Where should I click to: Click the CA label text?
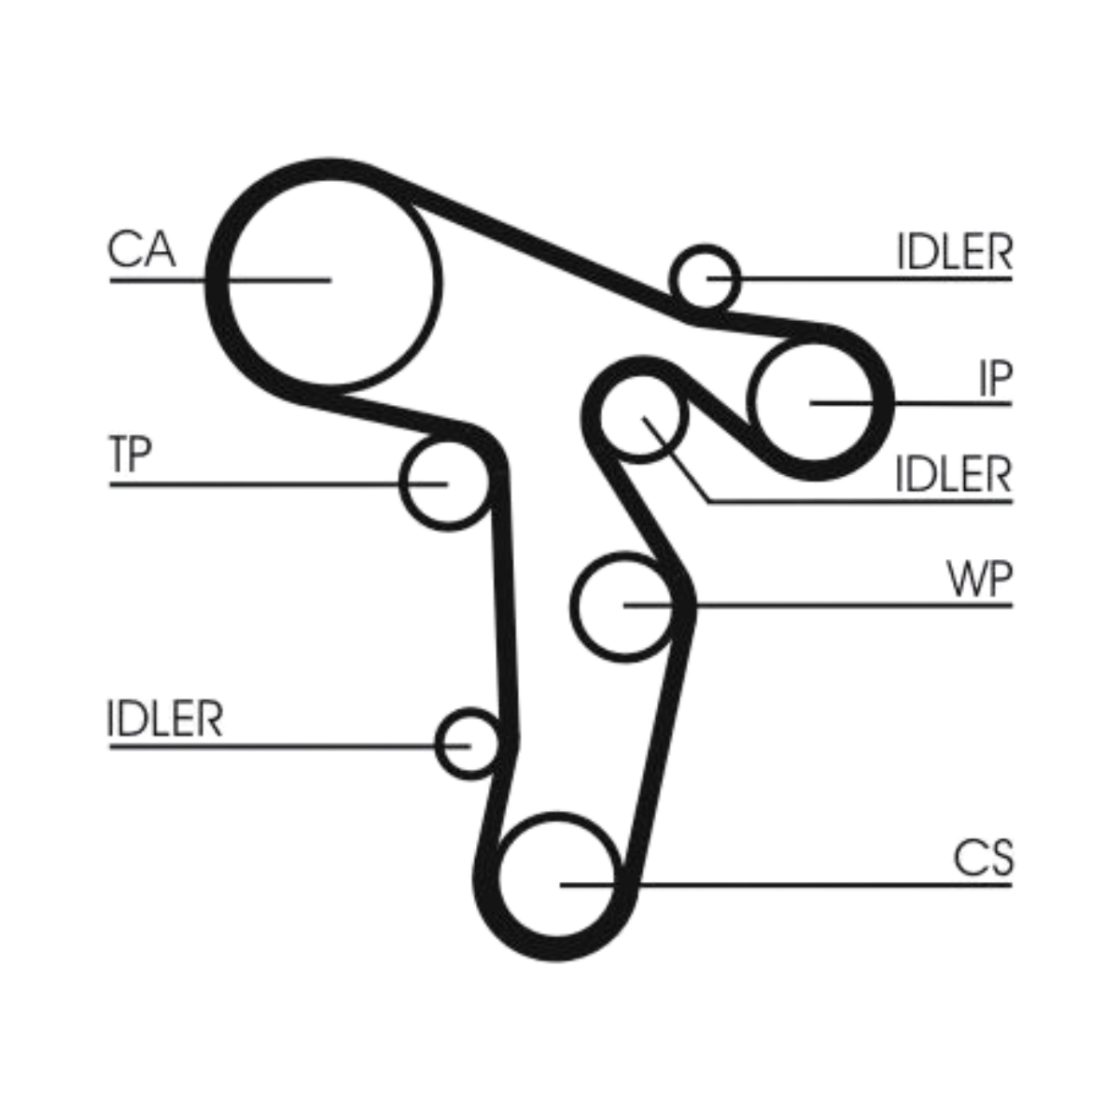[x=141, y=250]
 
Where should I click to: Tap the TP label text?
[x=130, y=455]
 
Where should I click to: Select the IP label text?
[x=994, y=377]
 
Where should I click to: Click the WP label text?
[x=979, y=580]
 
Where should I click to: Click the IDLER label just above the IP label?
[x=954, y=252]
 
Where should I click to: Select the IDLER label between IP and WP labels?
[x=953, y=475]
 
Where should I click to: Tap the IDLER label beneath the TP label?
[x=165, y=720]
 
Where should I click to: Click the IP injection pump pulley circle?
[x=815, y=402]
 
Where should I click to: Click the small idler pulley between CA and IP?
[x=705, y=277]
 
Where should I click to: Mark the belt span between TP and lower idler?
[x=502, y=607]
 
